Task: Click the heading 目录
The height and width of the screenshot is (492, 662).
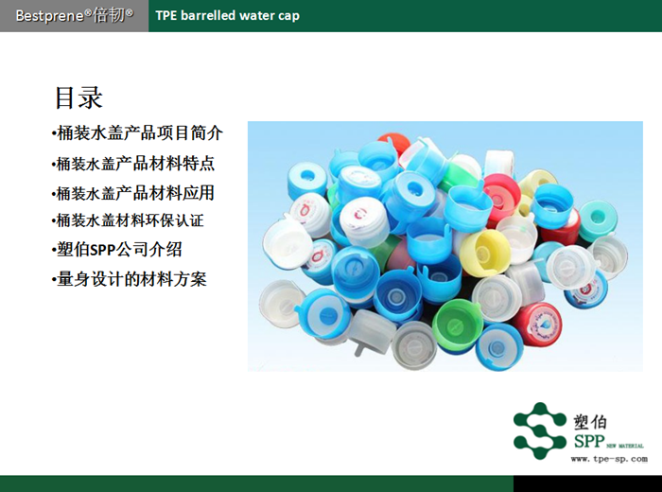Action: point(78,97)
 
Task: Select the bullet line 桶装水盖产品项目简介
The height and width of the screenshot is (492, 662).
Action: point(138,132)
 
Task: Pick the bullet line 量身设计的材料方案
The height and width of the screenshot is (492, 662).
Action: point(129,279)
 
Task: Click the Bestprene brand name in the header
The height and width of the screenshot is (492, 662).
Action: point(74,15)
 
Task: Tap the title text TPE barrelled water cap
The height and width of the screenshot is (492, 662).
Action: point(227,15)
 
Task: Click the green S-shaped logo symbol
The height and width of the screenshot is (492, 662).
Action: point(540,430)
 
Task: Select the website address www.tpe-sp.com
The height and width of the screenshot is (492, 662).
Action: point(609,459)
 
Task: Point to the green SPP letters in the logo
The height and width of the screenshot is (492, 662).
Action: point(588,442)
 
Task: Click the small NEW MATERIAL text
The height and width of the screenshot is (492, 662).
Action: point(626,444)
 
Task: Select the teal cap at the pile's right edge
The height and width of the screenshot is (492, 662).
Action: point(598,219)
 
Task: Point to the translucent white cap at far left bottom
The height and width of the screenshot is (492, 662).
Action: point(281,301)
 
